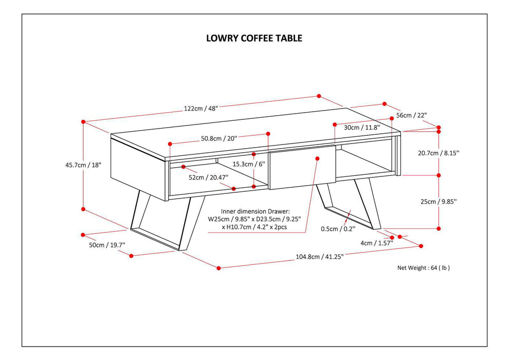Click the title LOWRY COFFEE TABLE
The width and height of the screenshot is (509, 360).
254,38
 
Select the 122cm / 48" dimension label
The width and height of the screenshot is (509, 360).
201,109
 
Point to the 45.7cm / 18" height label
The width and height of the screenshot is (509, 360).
77,165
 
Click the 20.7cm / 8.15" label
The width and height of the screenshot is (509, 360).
439,153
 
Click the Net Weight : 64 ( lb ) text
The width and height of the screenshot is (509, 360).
424,267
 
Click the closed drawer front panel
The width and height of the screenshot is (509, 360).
302,167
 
